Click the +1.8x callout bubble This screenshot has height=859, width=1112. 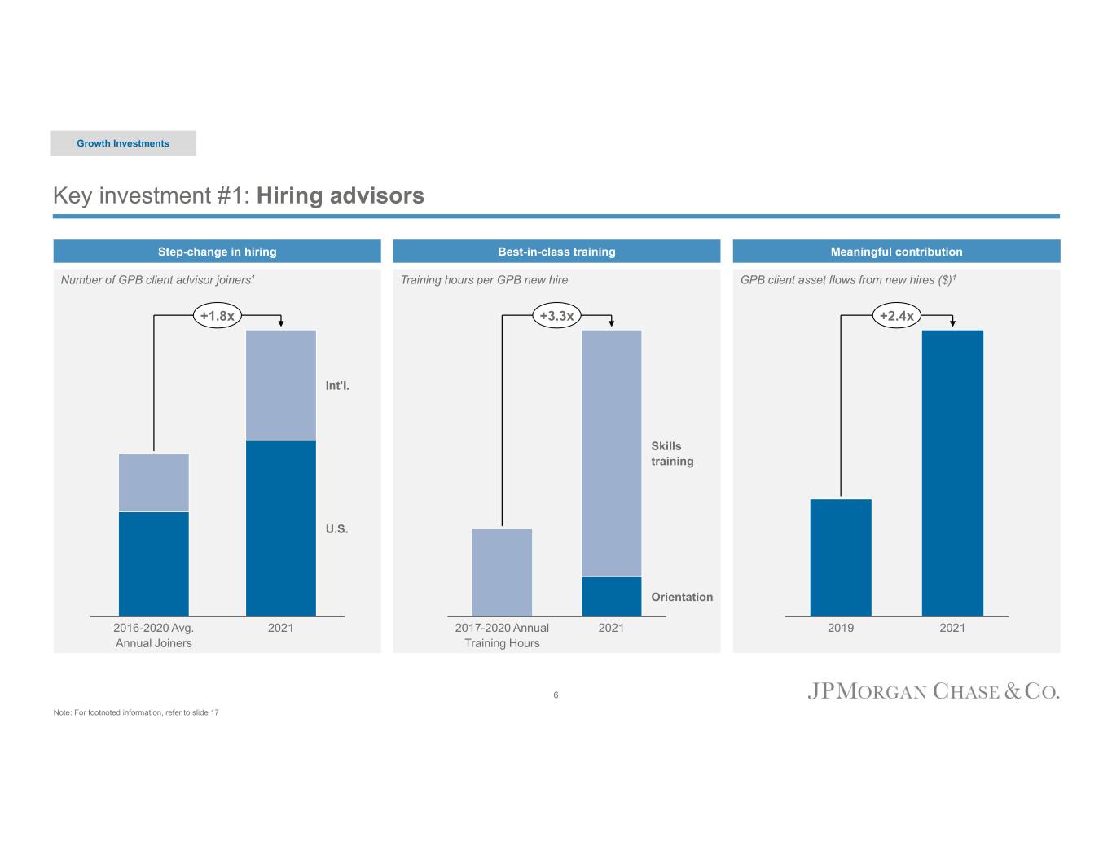[218, 316]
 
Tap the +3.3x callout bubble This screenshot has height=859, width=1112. [557, 316]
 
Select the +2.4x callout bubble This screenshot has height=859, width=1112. [896, 316]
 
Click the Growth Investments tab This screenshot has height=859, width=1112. [123, 143]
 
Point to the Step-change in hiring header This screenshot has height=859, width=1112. [217, 252]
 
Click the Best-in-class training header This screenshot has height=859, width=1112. [556, 252]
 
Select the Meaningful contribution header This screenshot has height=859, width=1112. [896, 252]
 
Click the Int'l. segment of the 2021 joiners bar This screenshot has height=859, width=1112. [281, 385]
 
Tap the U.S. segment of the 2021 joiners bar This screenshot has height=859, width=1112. [281, 528]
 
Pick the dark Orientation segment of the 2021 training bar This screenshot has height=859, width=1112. [611, 596]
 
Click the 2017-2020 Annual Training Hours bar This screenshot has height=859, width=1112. [502, 572]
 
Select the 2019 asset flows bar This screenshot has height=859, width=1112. [841, 557]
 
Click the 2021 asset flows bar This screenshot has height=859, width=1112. [952, 472]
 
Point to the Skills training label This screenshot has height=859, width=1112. [672, 454]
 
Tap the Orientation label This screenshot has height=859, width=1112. [682, 597]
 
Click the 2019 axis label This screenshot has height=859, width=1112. [841, 628]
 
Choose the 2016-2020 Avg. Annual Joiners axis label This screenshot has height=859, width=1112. [154, 635]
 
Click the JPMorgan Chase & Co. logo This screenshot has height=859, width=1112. [934, 692]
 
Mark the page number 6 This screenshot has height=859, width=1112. [556, 695]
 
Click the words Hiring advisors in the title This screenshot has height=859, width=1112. [340, 196]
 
